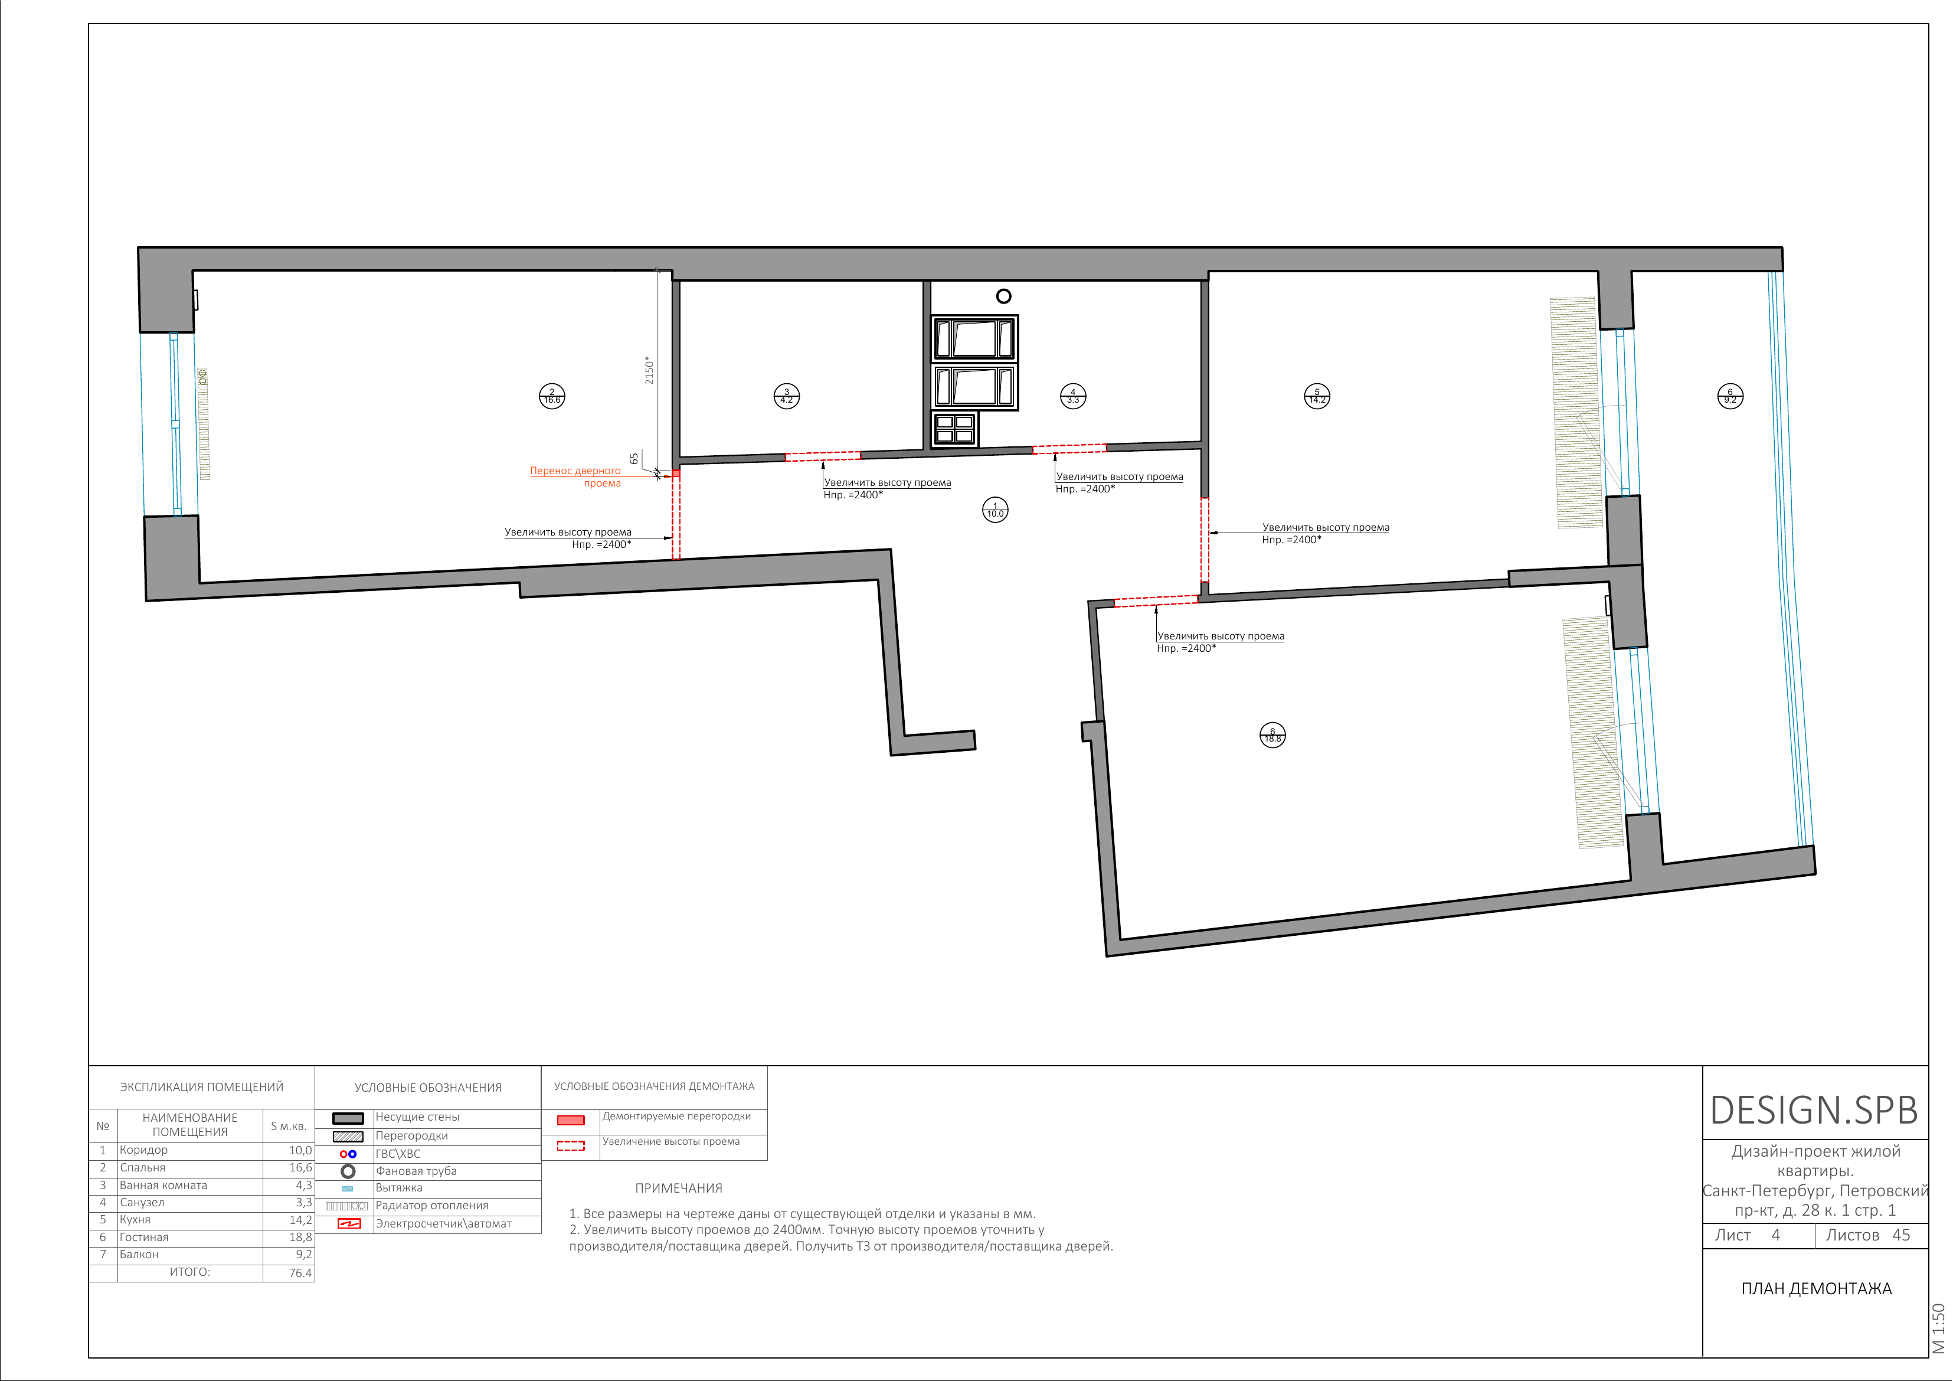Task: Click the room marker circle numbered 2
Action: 552,396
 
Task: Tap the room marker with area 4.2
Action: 787,396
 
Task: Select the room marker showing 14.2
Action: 1317,396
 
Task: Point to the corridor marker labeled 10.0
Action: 995,510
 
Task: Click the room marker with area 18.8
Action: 1272,735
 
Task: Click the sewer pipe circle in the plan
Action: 1004,296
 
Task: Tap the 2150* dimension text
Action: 649,370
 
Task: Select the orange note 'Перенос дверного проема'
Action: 576,476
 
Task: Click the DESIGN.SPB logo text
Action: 1814,1111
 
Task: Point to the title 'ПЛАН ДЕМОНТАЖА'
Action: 1816,1289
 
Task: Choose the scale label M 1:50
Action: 1938,1328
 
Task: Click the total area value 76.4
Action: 300,1273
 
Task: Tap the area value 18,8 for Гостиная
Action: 300,1237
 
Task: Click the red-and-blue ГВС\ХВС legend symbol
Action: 348,1154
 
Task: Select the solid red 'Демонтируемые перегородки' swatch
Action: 571,1120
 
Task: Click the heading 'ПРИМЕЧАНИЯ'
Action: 679,1188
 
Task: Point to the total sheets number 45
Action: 1901,1235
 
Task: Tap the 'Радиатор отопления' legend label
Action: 432,1205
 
